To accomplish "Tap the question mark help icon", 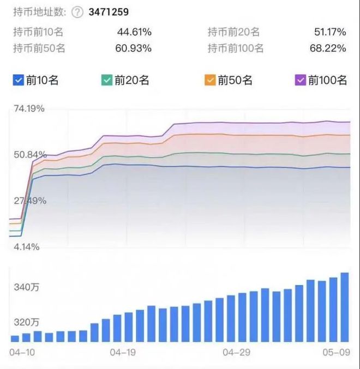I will [77, 11].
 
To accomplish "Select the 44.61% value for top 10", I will [134, 32].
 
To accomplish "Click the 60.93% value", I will [134, 48].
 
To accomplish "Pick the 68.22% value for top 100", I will [328, 48].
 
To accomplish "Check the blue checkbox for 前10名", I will [17, 81].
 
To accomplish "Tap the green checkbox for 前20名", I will [106, 81].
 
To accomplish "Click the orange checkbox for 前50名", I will [210, 81].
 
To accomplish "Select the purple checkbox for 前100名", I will [300, 81].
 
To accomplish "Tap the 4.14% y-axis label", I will [26, 247].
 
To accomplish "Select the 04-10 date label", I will [22, 353].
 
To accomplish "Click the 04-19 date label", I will [122, 353].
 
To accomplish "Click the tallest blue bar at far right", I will [344, 307].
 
